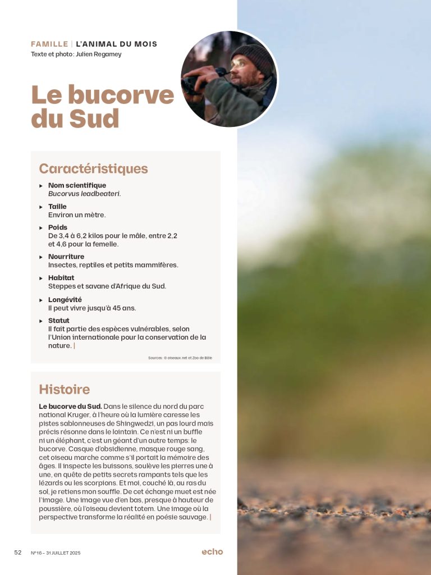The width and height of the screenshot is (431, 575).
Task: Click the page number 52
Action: pyautogui.click(x=18, y=553)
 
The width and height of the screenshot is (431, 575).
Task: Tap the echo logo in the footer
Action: pyautogui.click(x=212, y=552)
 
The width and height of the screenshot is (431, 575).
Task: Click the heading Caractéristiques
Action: pyautogui.click(x=93, y=168)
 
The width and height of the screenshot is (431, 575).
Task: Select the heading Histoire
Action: pyautogui.click(x=64, y=389)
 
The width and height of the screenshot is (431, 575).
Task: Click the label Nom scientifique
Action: pyautogui.click(x=77, y=185)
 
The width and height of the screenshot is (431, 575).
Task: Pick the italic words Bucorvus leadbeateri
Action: pyautogui.click(x=84, y=194)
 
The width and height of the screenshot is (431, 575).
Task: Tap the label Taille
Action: pyautogui.click(x=57, y=207)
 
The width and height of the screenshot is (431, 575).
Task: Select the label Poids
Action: pyautogui.click(x=58, y=227)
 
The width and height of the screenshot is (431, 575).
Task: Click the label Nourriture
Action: pyautogui.click(x=66, y=257)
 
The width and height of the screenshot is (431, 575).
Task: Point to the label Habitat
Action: pyautogui.click(x=61, y=278)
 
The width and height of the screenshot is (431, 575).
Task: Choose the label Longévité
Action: pyautogui.click(x=65, y=300)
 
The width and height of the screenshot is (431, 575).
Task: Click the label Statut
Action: pyautogui.click(x=59, y=321)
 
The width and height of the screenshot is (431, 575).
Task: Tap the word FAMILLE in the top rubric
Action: pyautogui.click(x=49, y=44)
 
